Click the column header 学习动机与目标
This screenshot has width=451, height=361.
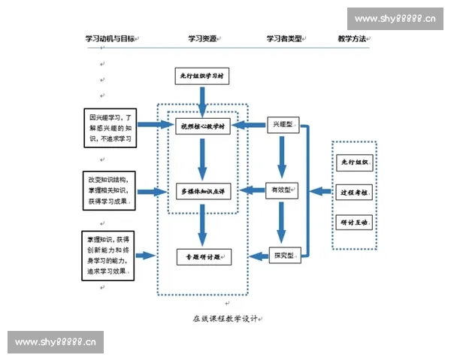110,38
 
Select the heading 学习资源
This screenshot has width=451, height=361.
203,38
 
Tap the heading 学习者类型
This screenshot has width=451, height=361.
285,38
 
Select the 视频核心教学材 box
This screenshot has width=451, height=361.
204,126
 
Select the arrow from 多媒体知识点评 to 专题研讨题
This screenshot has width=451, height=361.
201,224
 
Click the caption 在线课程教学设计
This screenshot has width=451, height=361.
225,318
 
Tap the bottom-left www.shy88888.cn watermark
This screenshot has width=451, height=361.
56,343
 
